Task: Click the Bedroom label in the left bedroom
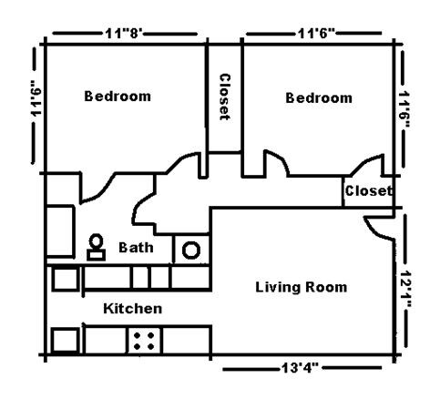118,96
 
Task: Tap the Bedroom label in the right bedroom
319,97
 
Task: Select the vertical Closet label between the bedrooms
224,97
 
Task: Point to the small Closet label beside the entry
368,191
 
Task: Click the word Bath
136,247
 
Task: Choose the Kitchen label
132,309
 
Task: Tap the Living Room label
301,288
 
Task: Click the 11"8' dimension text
127,33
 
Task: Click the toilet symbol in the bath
95,247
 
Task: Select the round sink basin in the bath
191,250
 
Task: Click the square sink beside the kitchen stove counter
66,340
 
